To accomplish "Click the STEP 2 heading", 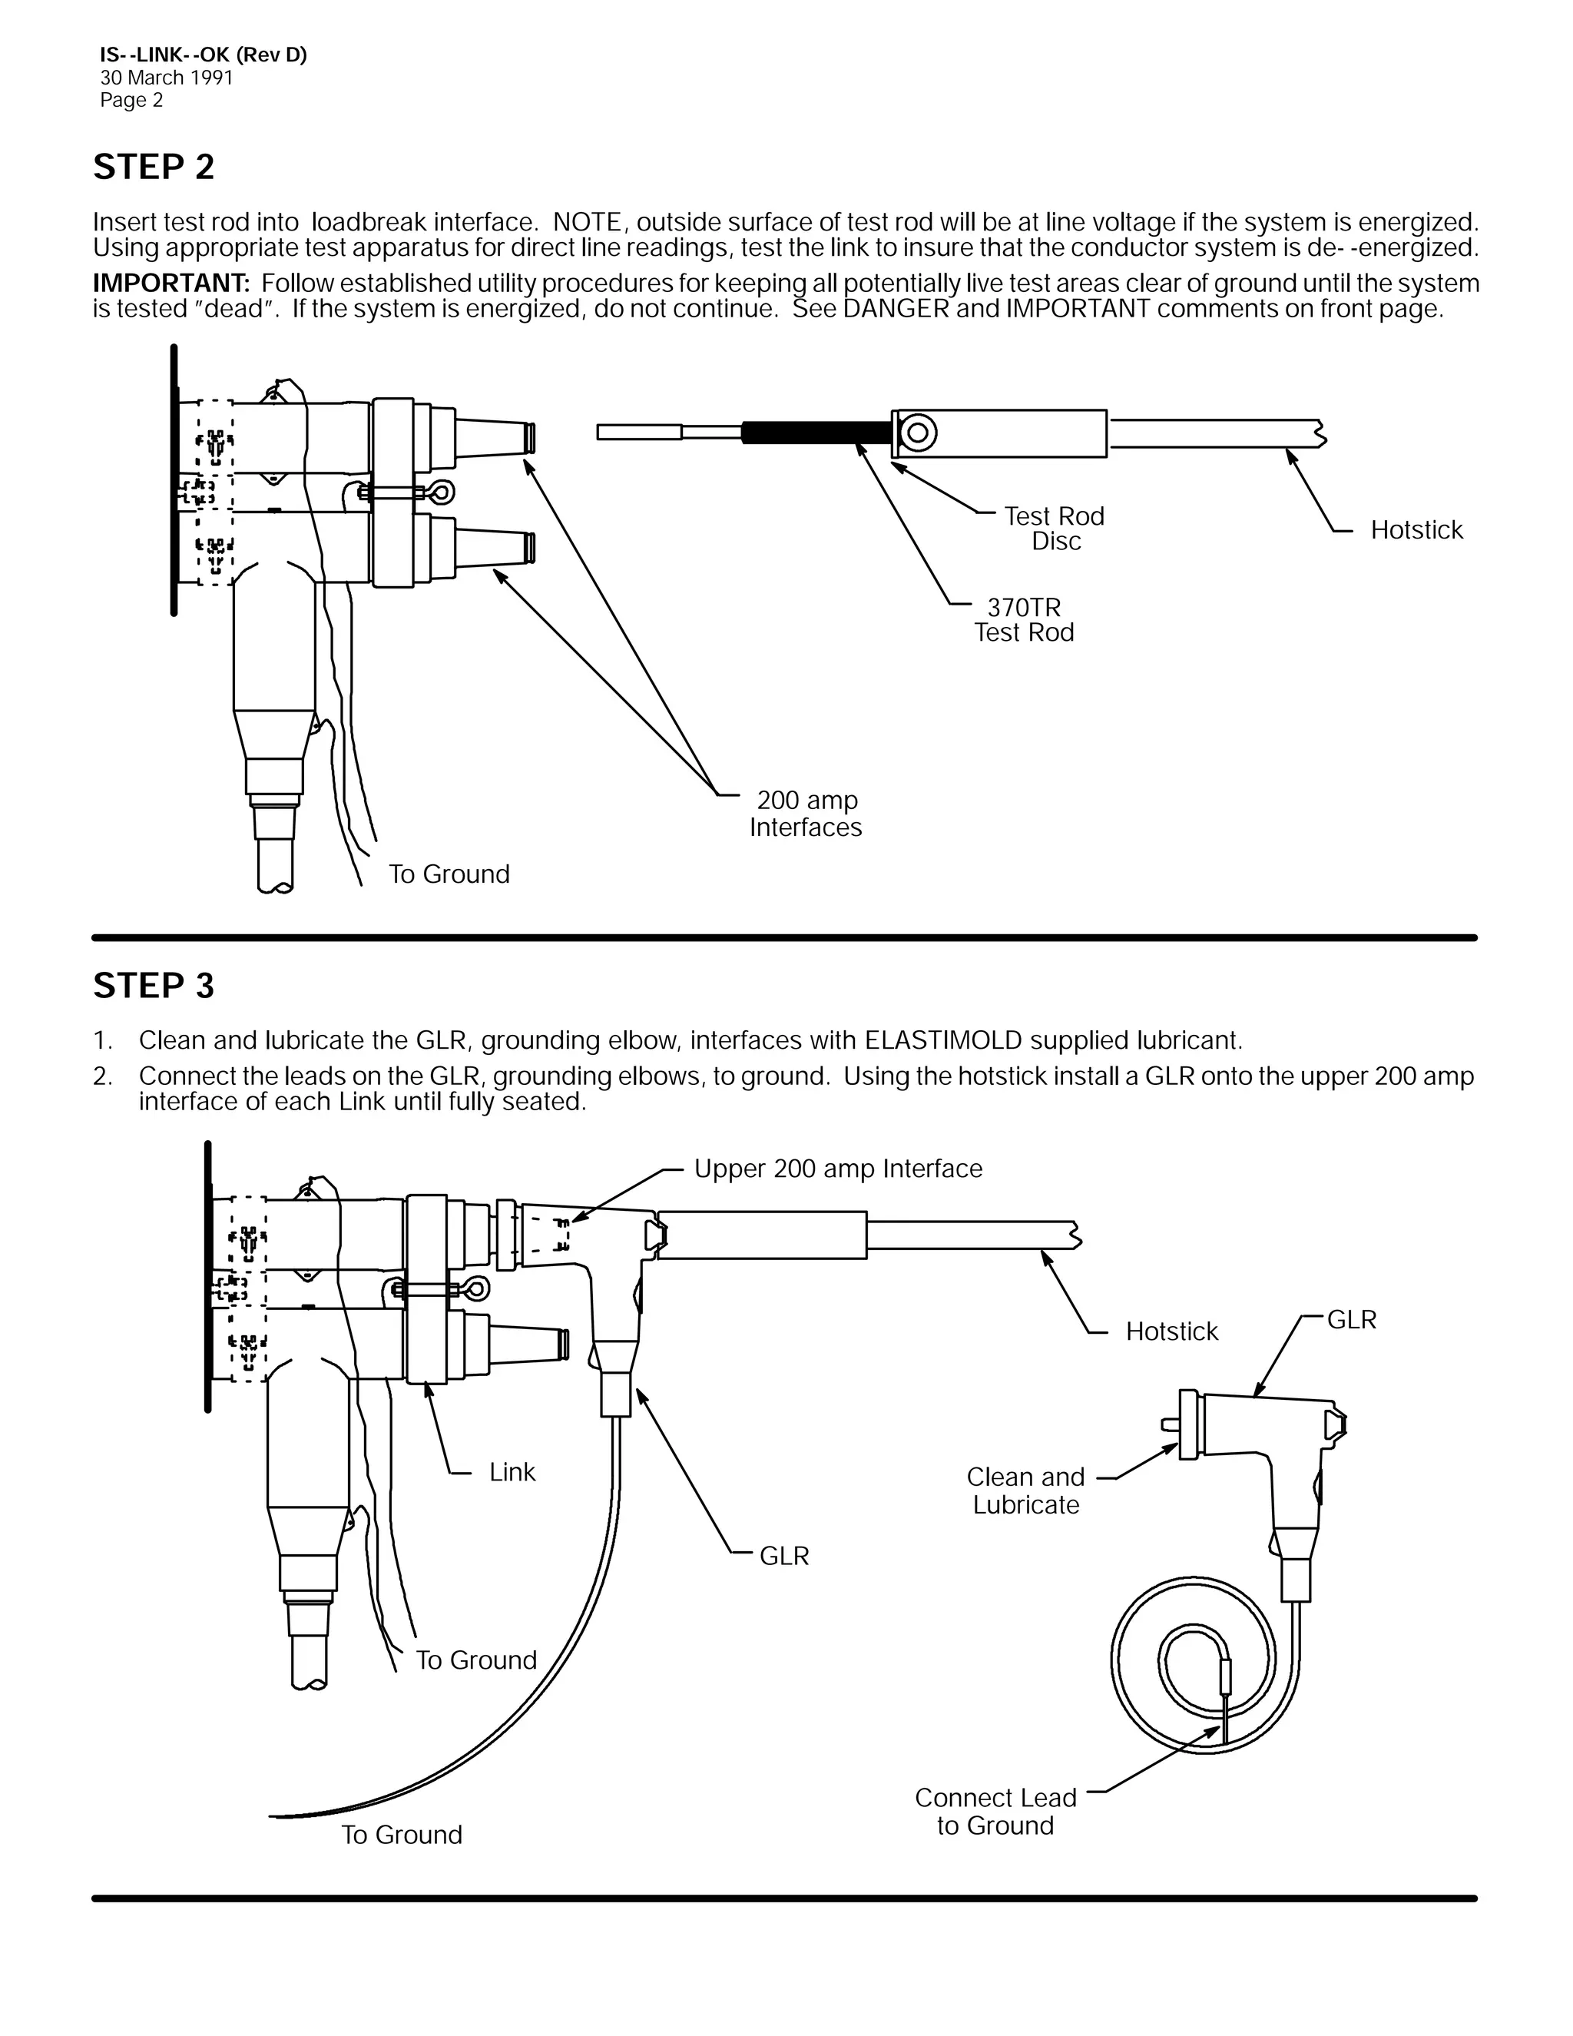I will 154,167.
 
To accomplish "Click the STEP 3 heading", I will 154,986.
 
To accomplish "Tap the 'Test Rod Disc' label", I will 1054,529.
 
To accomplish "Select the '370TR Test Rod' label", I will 1023,620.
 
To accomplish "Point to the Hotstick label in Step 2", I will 1416,530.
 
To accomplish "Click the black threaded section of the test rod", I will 816,433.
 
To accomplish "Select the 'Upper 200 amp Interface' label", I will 838,1169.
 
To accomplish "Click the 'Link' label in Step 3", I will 512,1472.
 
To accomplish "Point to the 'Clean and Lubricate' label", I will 1025,1491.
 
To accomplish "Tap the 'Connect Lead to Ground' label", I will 995,1812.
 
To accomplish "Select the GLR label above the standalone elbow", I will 1351,1320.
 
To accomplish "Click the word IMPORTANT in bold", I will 171,284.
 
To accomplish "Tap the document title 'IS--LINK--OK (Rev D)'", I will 203,55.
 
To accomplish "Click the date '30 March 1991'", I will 166,78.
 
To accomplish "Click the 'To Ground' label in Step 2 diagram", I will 449,874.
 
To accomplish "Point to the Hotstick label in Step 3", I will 1171,1331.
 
